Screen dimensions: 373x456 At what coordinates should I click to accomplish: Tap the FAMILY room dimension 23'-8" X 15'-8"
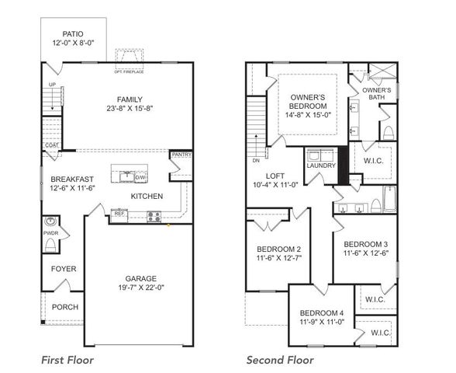[130, 110]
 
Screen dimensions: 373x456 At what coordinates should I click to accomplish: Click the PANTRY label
[181, 155]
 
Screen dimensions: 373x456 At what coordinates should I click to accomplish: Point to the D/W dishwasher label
[140, 177]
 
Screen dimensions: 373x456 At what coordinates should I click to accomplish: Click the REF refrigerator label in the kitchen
[120, 212]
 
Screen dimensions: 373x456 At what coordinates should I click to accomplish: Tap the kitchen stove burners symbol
[154, 217]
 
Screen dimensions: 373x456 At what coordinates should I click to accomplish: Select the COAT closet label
[52, 145]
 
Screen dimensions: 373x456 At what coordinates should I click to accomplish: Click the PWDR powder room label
[50, 232]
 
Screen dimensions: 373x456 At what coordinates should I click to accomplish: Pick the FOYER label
[63, 270]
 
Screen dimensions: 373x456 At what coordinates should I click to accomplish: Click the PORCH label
[65, 307]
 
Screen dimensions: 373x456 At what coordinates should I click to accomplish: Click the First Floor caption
[67, 360]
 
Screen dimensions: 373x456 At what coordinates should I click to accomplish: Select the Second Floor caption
[280, 360]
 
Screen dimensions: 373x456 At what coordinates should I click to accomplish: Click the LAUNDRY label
[320, 166]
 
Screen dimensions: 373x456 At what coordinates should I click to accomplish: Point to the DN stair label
[257, 161]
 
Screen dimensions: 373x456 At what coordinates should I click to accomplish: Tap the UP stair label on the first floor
[52, 85]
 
